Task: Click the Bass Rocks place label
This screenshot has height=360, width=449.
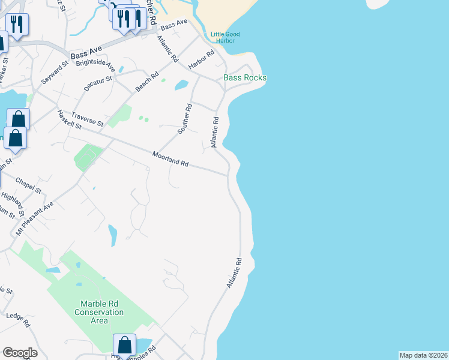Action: pos(245,78)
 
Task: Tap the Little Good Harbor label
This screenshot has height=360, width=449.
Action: pos(225,38)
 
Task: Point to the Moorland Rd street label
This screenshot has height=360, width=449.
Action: pos(170,159)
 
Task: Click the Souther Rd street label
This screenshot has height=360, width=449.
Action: pos(184,119)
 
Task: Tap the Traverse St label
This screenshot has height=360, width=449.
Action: pos(88,119)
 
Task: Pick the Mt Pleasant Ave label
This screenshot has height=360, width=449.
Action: pos(35,218)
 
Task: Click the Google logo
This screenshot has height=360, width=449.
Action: pos(19,353)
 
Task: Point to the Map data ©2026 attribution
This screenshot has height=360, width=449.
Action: pos(424,355)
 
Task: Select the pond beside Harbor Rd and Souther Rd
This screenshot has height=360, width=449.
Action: pos(181,85)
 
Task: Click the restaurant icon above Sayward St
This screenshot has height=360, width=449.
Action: pos(17,25)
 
